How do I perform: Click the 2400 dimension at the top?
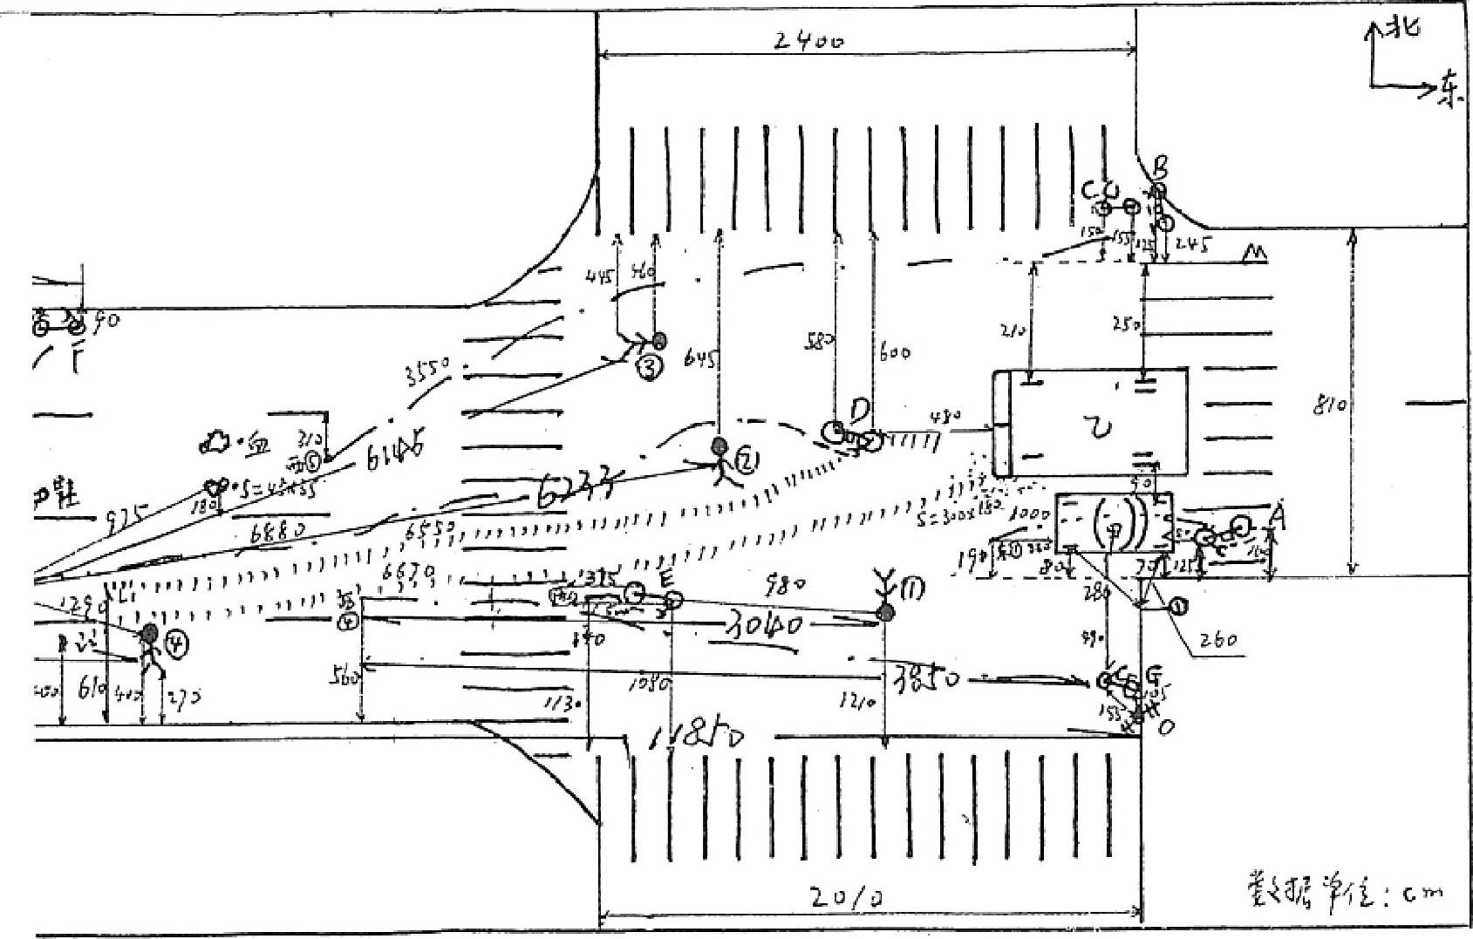810,41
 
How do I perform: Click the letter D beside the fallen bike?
860,408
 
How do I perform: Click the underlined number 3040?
760,624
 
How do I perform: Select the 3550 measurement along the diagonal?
428,373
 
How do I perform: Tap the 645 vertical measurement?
703,357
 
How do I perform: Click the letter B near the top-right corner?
1161,167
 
